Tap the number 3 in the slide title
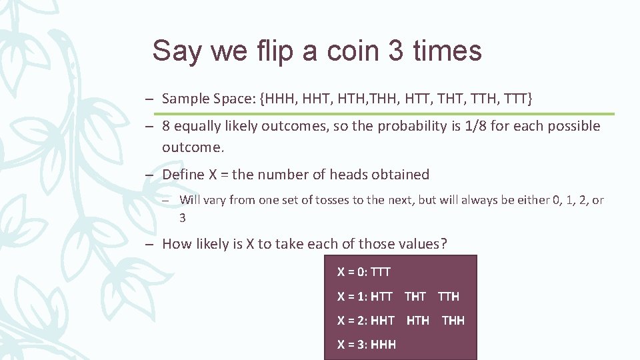click(x=395, y=51)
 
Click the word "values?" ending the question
click(x=421, y=244)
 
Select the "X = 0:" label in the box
click(x=352, y=272)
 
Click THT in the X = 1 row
click(x=415, y=297)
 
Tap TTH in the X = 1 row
click(x=448, y=297)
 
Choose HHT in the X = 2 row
click(x=383, y=321)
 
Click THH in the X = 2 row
click(x=453, y=321)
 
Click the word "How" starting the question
click(x=176, y=244)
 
